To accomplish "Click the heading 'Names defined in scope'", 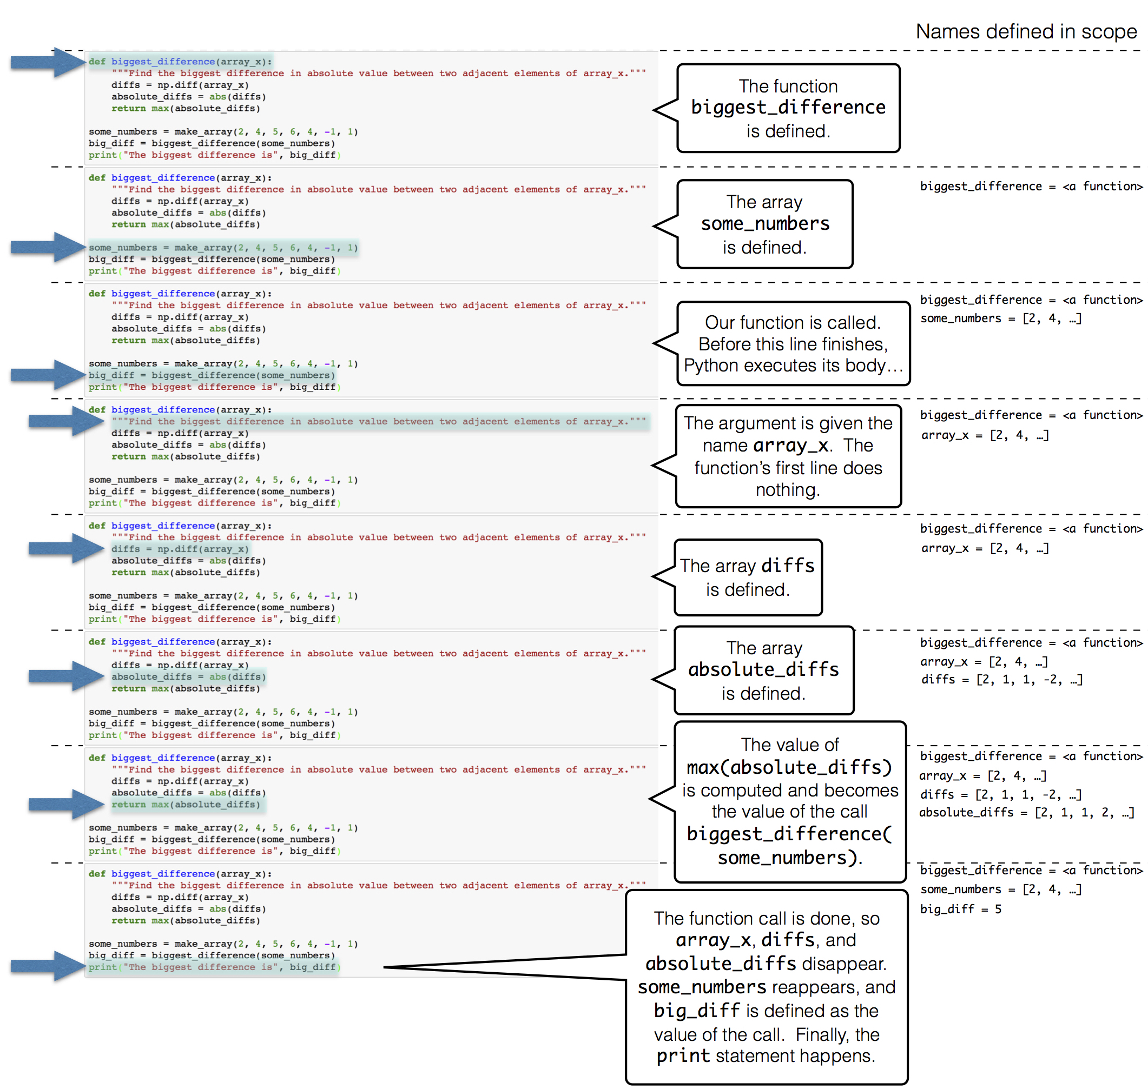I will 1026,31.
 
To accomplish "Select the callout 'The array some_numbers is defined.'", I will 764,224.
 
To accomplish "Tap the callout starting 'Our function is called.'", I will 793,344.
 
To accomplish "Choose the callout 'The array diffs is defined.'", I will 747,577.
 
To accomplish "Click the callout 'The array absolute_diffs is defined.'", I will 763,670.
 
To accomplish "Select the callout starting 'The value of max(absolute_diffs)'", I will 789,801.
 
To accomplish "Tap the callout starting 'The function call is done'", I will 766,986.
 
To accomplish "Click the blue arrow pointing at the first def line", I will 48,62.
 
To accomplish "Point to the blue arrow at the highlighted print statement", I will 48,966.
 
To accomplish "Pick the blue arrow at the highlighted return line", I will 65,804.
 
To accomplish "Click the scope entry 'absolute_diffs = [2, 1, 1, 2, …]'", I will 1026,812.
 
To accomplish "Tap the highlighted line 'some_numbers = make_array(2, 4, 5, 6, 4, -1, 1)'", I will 223,248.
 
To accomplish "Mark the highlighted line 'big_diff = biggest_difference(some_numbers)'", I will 212,376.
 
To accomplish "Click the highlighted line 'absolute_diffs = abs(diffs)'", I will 188,677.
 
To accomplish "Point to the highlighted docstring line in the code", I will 378,422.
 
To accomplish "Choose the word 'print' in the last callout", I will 682,1056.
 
